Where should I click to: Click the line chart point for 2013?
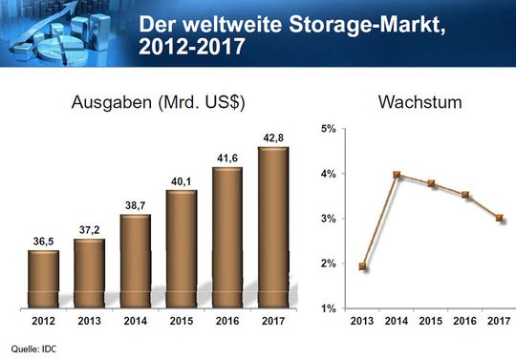pyautogui.click(x=363, y=266)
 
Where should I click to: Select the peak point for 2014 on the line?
pyautogui.click(x=397, y=175)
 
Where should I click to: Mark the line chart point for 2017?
pyautogui.click(x=498, y=218)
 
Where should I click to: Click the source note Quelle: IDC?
pyautogui.click(x=32, y=349)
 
